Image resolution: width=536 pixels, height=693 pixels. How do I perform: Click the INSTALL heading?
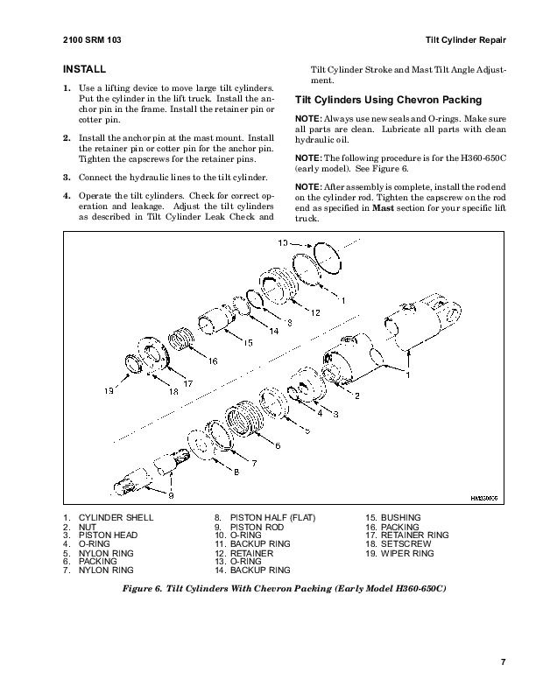point(85,68)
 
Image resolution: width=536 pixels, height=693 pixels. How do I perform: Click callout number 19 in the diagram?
point(109,391)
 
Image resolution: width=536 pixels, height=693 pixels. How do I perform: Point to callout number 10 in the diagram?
point(283,241)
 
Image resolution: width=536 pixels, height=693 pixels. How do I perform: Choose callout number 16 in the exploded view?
point(212,360)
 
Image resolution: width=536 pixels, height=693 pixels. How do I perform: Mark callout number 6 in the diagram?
point(278,445)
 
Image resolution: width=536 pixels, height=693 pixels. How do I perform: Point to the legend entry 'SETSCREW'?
point(406,545)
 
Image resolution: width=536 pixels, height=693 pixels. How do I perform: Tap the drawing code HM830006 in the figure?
point(483,498)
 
